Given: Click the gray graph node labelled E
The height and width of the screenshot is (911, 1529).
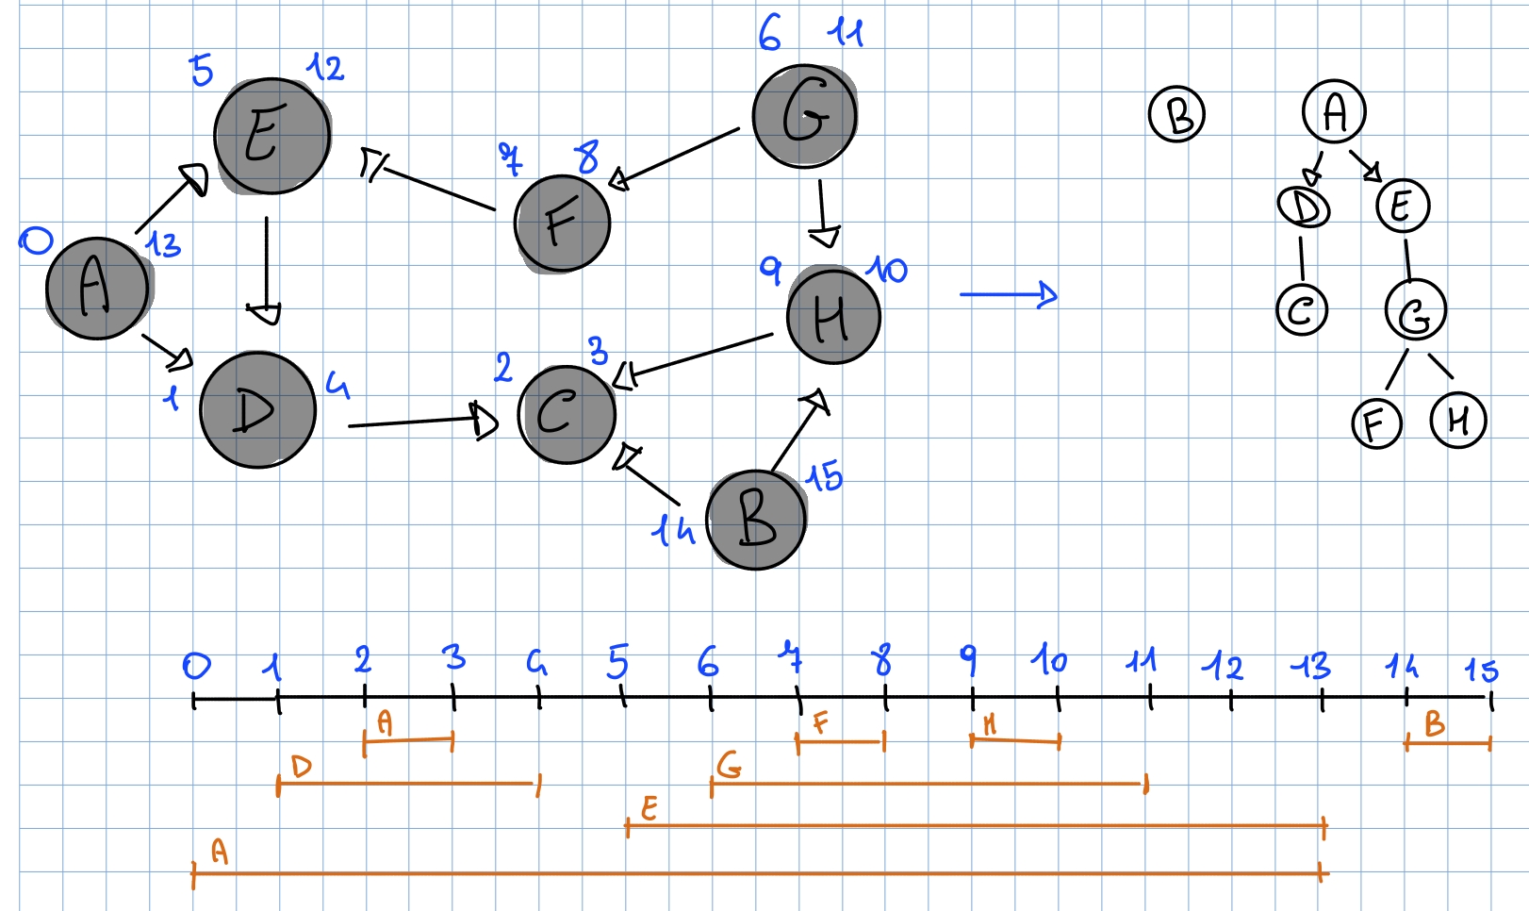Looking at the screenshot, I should point(271,136).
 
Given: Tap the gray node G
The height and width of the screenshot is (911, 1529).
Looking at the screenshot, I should point(804,115).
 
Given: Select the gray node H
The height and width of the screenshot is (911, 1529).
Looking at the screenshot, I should point(832,317).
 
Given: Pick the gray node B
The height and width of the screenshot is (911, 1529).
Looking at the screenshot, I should point(756,520).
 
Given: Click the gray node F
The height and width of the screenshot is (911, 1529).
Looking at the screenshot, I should point(563,224).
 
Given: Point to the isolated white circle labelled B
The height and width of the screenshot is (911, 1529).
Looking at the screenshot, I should point(1176,114).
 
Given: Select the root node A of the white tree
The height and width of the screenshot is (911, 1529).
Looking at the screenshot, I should point(1334,111).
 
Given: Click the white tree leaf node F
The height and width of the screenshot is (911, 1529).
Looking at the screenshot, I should point(1376,423).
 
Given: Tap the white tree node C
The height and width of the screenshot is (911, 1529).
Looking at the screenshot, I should point(1302,309).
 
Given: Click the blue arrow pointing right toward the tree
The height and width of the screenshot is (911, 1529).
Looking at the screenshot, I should point(1009,294).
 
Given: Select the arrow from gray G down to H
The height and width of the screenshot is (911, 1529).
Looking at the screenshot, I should point(823,212).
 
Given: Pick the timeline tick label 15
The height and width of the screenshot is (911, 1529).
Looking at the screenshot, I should point(1481,671).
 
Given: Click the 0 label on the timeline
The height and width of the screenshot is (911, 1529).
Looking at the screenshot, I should point(196,667).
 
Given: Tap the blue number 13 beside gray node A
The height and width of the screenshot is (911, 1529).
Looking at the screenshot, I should point(163,245).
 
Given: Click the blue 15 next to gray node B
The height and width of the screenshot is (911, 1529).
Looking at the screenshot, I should point(824,477).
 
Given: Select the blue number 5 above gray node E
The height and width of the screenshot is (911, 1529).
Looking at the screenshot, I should point(201,70).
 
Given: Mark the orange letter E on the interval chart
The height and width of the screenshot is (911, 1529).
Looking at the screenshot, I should point(649,808).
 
